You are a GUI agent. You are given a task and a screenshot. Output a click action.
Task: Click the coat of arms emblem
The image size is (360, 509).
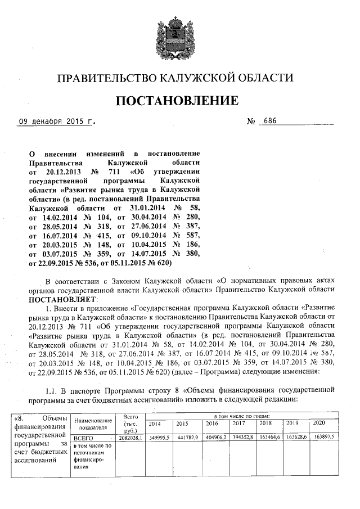(179, 34)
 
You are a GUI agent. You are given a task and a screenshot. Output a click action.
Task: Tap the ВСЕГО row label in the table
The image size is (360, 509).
(82, 436)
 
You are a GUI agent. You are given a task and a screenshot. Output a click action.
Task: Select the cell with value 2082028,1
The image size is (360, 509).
(129, 436)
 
